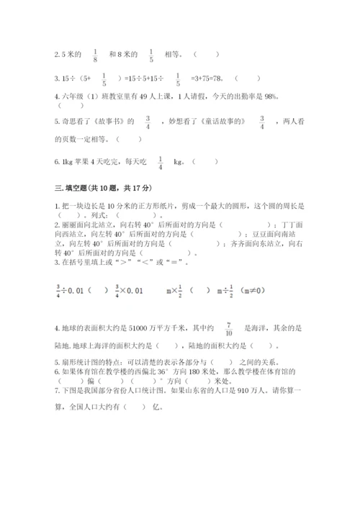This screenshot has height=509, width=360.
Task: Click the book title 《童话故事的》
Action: pyautogui.click(x=220, y=122)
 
